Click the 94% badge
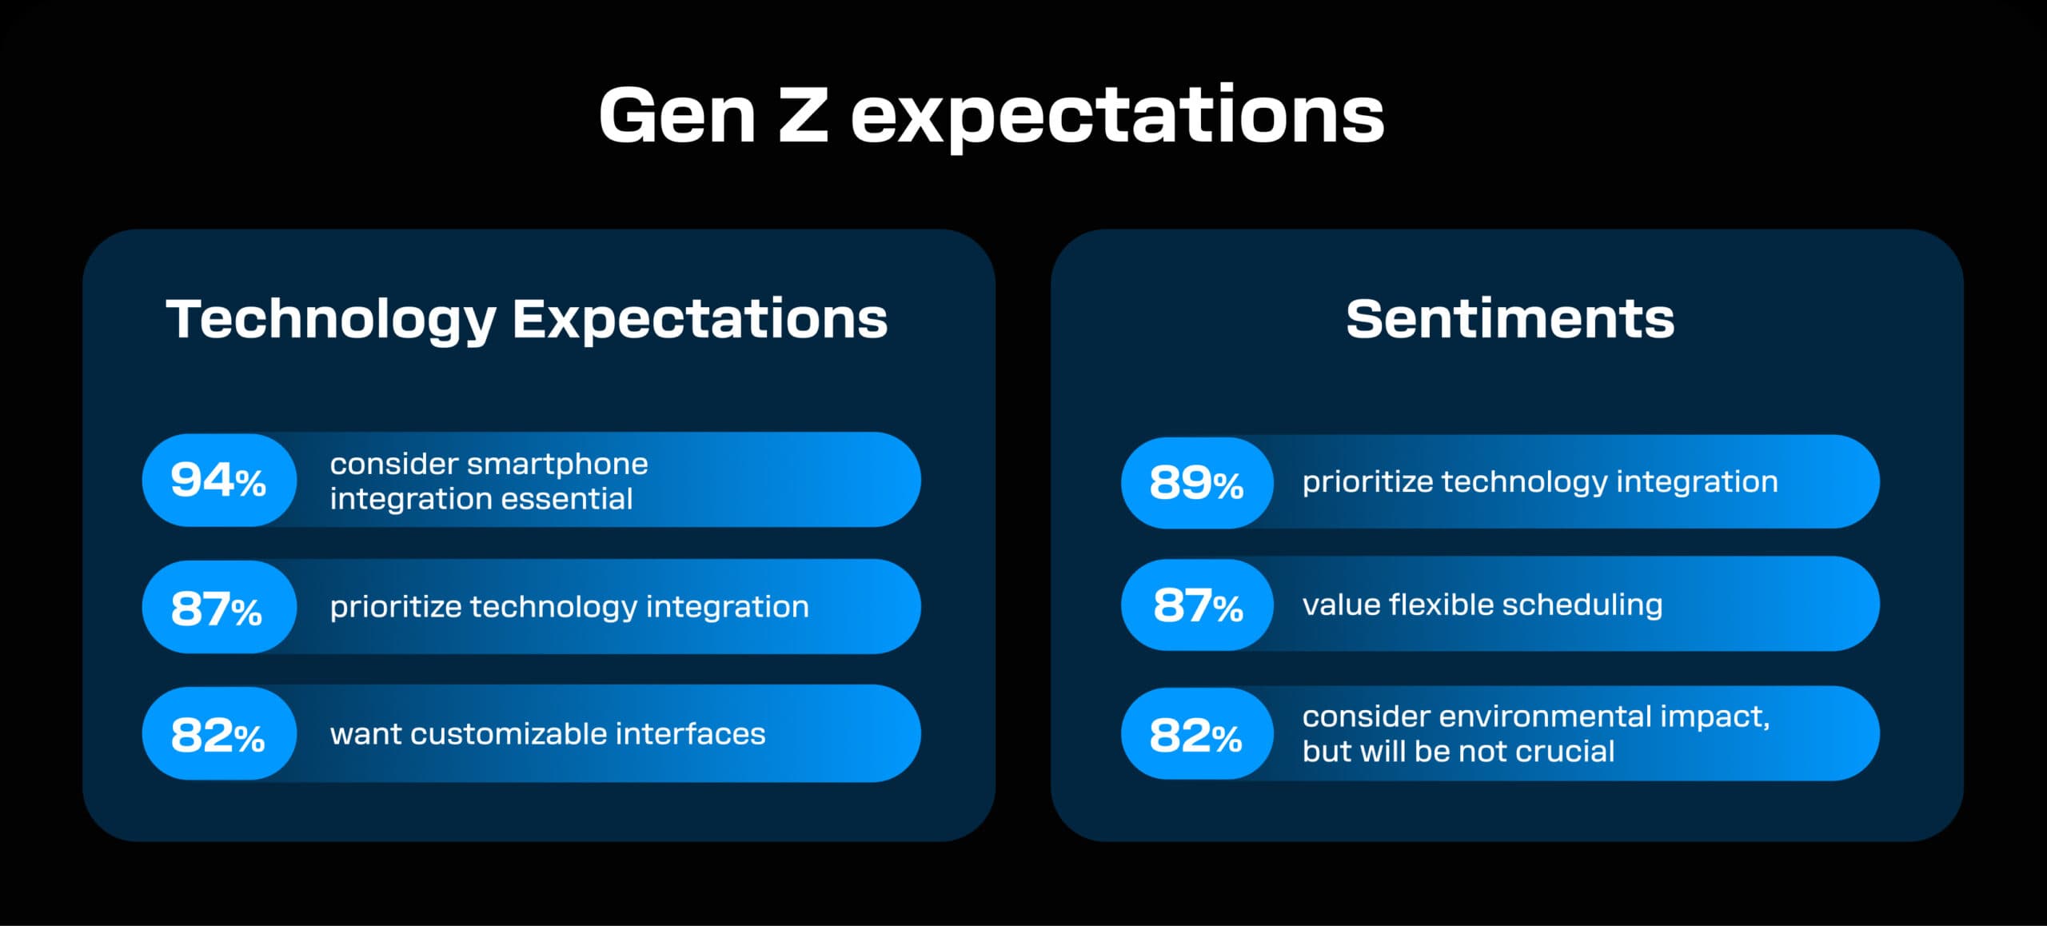point(218,480)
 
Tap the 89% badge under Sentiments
point(1196,482)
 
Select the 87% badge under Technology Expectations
point(217,607)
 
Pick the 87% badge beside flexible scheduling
point(1197,605)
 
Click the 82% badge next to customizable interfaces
point(217,734)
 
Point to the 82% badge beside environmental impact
point(1196,734)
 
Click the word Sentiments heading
point(1510,319)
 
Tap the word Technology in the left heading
point(331,319)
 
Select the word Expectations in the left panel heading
point(700,319)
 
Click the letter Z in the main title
point(802,116)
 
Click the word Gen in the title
point(676,116)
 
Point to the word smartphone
point(557,464)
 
